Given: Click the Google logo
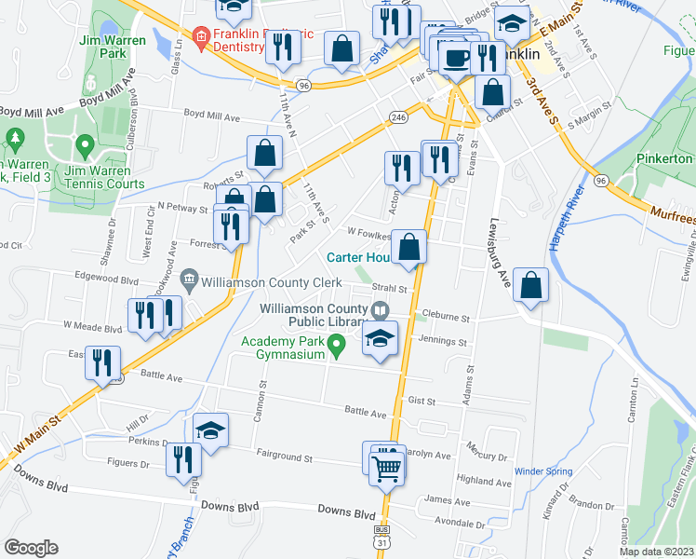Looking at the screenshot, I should point(31,548).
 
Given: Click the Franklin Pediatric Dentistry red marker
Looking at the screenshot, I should point(198,38).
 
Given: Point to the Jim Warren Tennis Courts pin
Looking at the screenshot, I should point(85,146).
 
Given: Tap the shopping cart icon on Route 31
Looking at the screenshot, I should point(386,469).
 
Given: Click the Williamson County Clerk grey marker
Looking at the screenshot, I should point(189,277).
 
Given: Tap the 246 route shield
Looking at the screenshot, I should point(398,117).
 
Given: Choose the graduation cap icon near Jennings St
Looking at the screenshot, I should point(380,340).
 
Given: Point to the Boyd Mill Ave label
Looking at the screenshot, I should point(211,118).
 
